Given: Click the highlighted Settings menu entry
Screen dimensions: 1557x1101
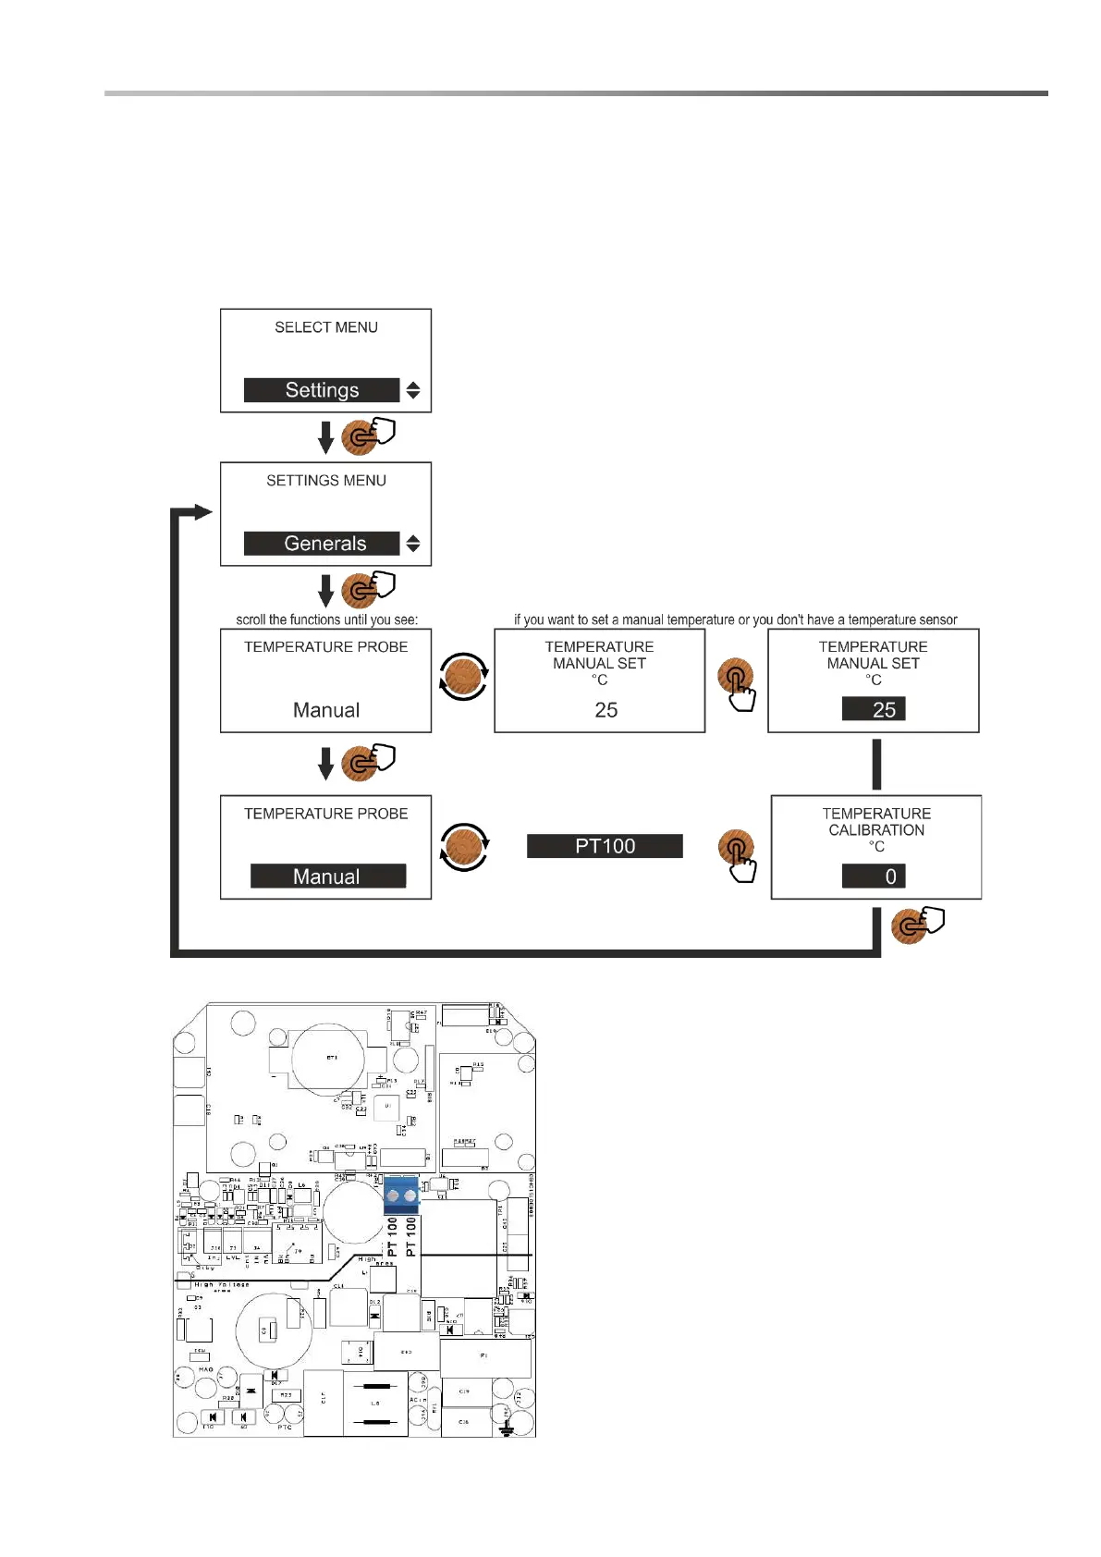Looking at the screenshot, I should coord(322,390).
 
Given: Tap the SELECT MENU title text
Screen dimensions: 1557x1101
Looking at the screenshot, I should coord(326,327).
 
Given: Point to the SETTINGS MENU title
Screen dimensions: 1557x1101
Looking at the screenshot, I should coord(326,481).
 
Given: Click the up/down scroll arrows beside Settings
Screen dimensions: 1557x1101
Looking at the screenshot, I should coord(413,390).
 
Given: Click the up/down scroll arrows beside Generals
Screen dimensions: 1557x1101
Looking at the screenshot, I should coord(413,544).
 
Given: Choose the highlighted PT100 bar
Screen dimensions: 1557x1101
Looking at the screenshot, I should coord(605,846).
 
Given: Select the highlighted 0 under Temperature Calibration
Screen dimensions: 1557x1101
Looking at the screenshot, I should coord(874,877).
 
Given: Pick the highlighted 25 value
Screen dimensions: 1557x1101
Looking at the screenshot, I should coord(874,709).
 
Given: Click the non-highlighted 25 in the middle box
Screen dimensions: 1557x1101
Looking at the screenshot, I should coord(606,710).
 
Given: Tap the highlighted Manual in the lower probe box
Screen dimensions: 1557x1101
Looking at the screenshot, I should coord(327,877).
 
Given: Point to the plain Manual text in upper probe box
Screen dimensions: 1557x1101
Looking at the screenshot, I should coord(326,710).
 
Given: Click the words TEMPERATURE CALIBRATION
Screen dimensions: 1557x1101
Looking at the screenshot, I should coord(876,822).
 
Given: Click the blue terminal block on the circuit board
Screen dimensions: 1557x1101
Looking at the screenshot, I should coord(401,1195).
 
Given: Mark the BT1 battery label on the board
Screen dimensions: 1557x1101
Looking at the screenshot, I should coord(332,1057).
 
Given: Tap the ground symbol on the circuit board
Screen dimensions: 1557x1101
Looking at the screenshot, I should coord(506,1429).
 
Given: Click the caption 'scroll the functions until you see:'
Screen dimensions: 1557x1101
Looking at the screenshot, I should coord(327,619).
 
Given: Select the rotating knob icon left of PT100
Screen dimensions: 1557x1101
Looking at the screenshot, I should coord(463,847).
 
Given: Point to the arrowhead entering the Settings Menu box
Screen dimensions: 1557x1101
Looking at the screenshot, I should coord(204,512).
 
